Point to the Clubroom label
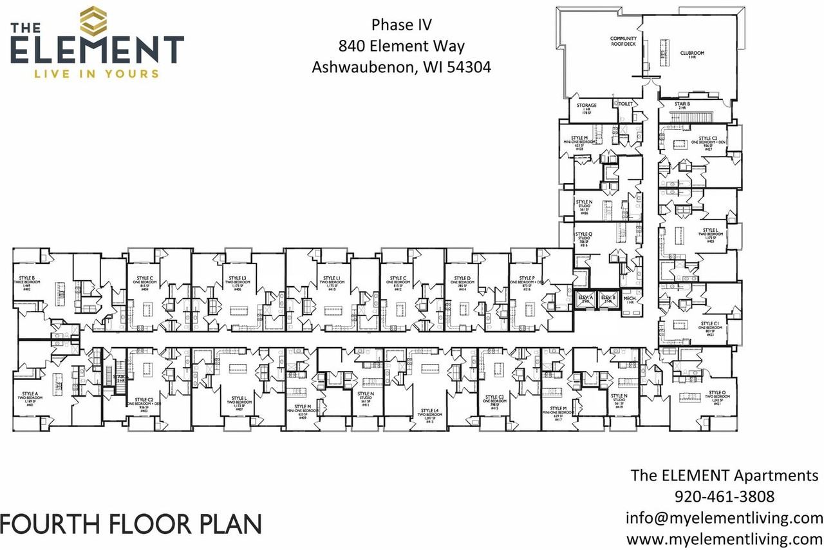coord(693,55)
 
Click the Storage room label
coord(586,108)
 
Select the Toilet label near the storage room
coord(626,103)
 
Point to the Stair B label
coord(683,106)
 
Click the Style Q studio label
coord(584,239)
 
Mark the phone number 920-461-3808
coord(724,497)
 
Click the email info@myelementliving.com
coord(724,518)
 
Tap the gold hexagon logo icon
coord(94,21)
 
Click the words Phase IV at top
coord(401,25)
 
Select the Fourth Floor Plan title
coord(131,524)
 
